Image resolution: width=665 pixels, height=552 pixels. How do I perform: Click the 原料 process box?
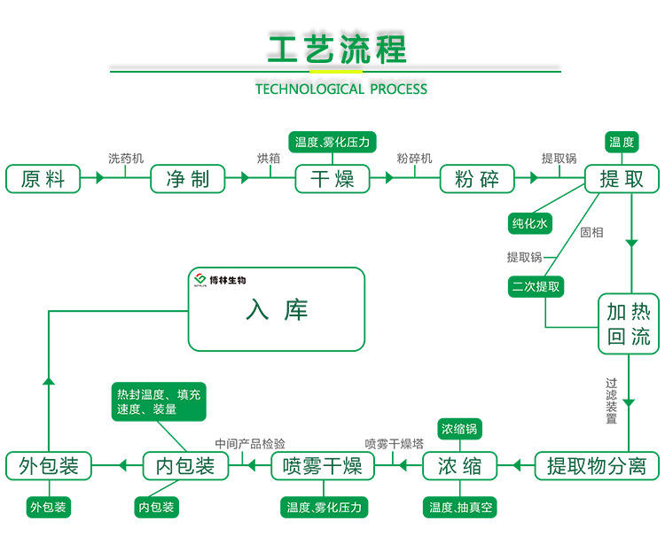click(x=43, y=178)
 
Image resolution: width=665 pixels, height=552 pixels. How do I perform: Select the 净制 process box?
click(x=188, y=178)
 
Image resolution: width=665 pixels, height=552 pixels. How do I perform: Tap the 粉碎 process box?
click(x=477, y=178)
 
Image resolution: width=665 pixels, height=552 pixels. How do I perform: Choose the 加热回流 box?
click(x=629, y=323)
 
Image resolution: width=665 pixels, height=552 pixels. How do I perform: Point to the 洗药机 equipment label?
click(x=125, y=159)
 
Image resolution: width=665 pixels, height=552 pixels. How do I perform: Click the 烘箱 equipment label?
click(x=269, y=159)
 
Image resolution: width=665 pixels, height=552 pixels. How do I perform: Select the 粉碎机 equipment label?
click(x=414, y=159)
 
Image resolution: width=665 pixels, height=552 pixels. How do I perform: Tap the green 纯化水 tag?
click(x=530, y=224)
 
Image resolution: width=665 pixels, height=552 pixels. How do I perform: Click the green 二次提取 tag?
click(x=536, y=286)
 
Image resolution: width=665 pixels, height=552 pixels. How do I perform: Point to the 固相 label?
click(x=591, y=232)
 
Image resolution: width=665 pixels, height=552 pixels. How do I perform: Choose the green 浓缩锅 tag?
click(x=460, y=429)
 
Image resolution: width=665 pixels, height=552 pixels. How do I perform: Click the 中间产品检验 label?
click(x=250, y=443)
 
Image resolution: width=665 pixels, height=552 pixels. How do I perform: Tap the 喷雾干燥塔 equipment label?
click(x=394, y=443)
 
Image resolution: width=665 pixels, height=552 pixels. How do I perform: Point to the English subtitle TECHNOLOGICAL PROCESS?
click(x=340, y=89)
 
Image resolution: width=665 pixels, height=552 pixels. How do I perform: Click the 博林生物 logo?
click(x=219, y=281)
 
